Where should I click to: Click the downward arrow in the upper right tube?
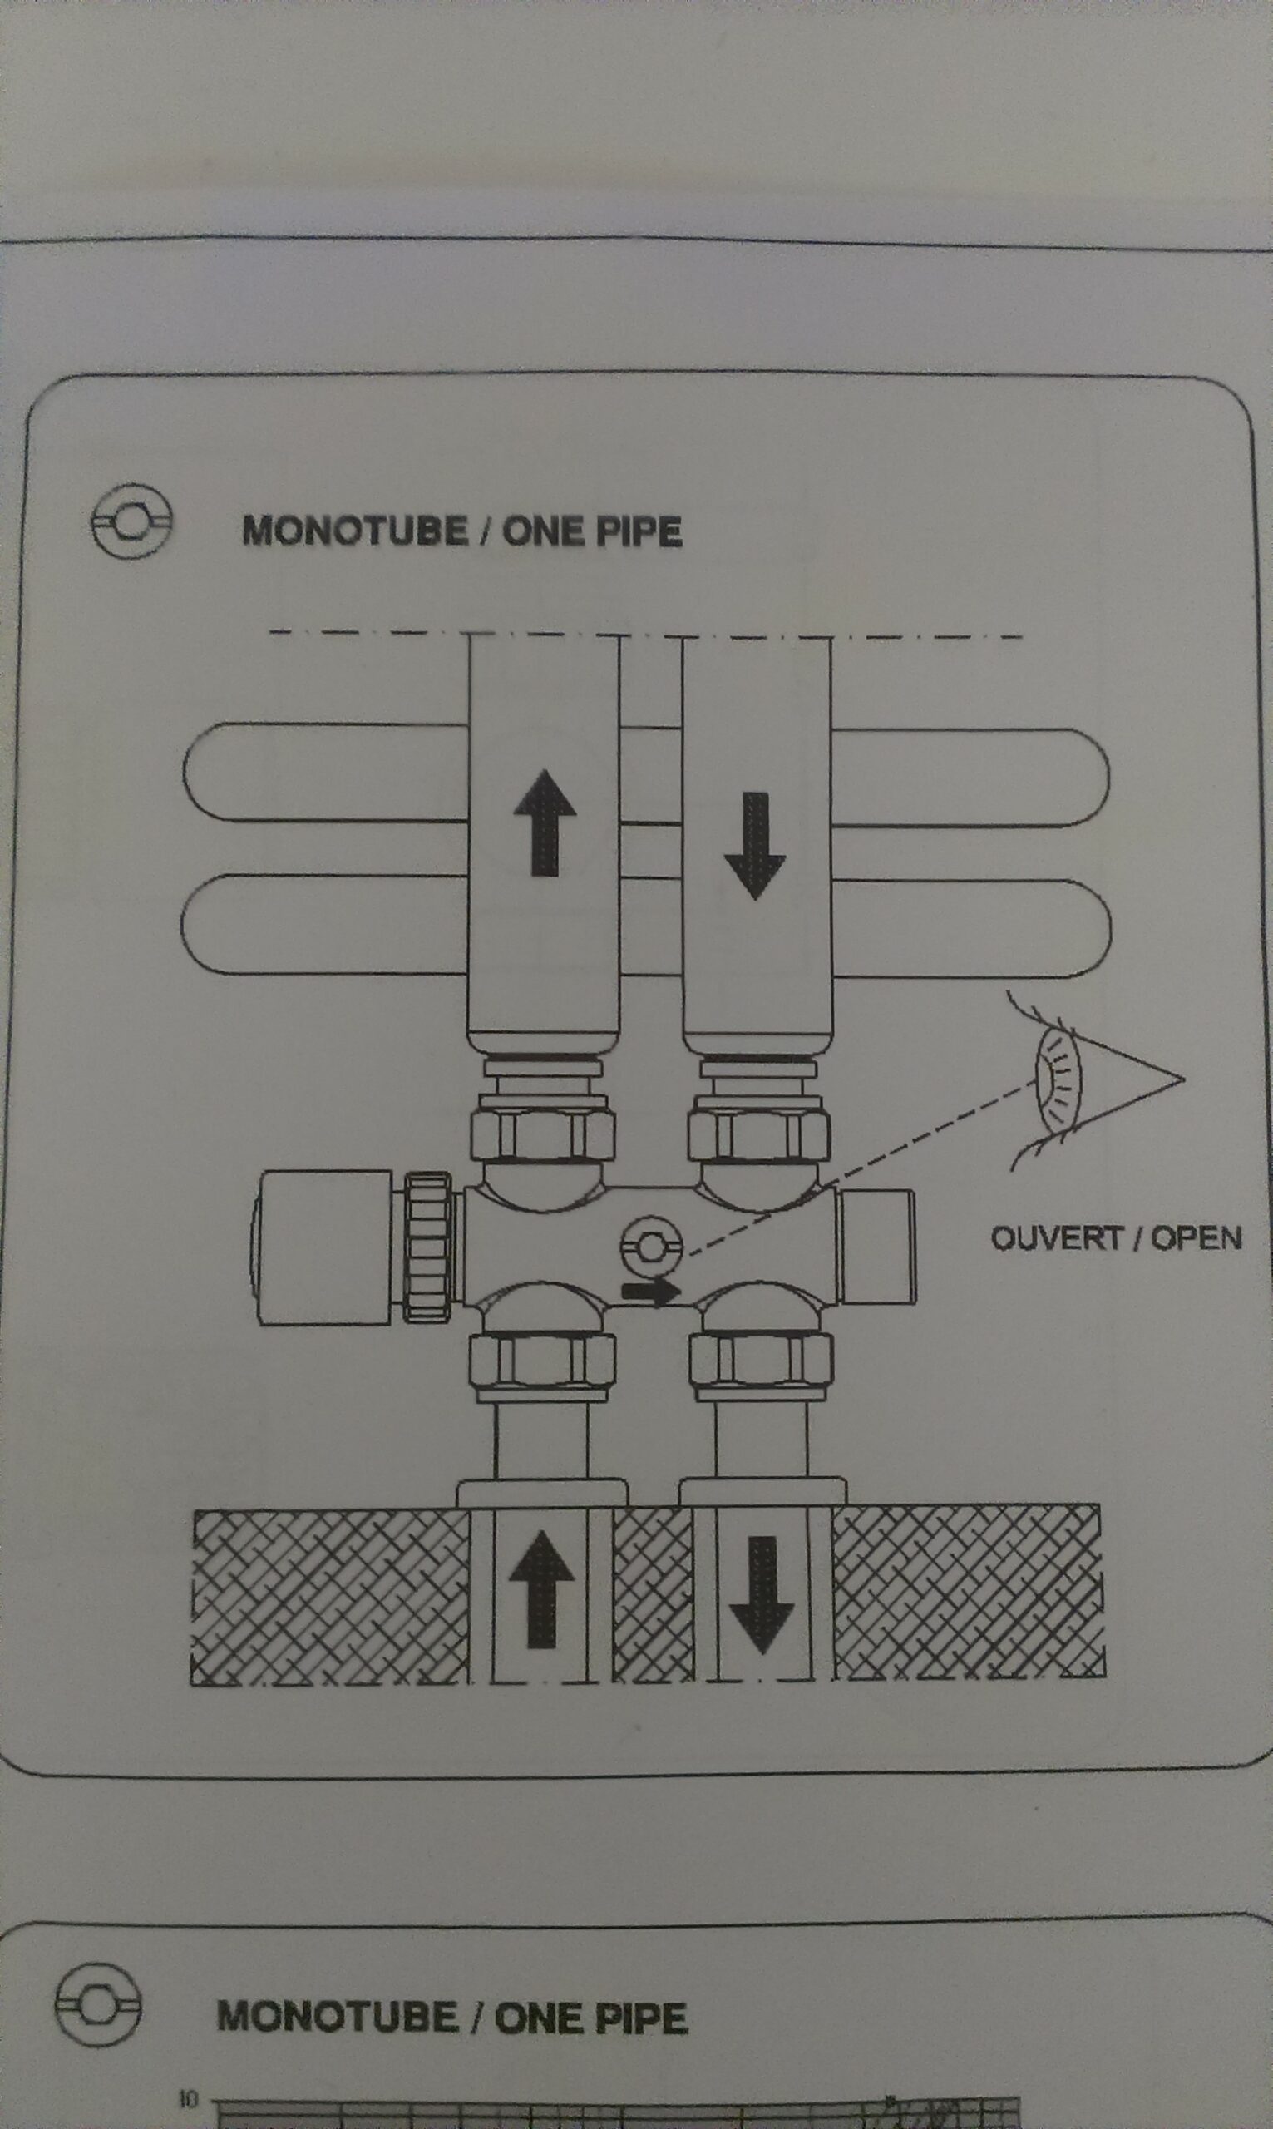tap(755, 846)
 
